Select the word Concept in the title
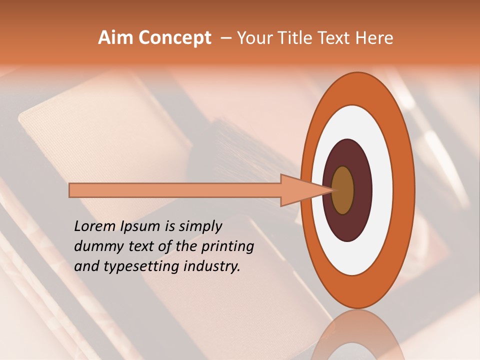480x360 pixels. (174, 38)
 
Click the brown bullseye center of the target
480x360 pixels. (343, 190)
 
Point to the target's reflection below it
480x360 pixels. (356, 335)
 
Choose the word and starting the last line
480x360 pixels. (85, 266)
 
